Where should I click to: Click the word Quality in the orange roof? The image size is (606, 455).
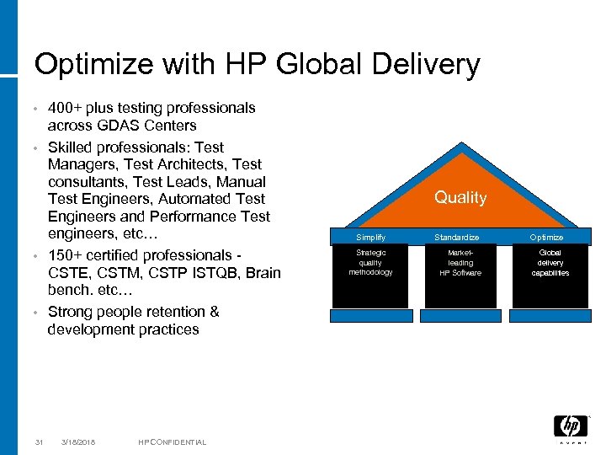pos(460,197)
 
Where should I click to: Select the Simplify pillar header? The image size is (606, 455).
pos(370,238)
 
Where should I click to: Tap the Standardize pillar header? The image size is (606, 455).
pos(460,238)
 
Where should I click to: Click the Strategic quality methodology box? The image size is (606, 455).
pos(370,262)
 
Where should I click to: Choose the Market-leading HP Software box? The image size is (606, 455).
pos(460,262)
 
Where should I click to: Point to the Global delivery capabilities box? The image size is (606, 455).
pos(550,262)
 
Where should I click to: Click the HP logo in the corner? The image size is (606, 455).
pos(571,427)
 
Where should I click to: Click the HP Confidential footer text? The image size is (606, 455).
pos(172,442)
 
